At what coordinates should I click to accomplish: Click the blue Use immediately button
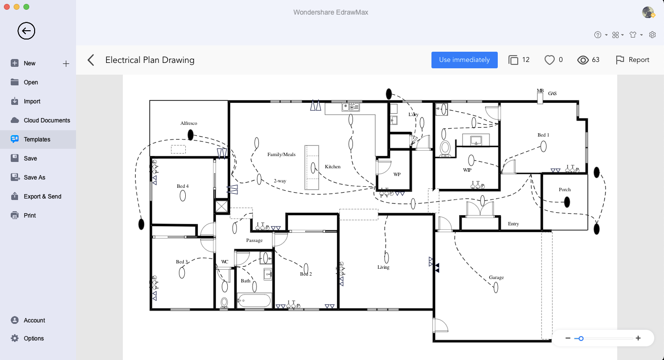[464, 60]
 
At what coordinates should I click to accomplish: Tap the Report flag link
[632, 60]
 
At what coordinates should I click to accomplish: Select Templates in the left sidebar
[37, 140]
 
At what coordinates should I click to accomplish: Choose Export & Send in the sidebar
[42, 196]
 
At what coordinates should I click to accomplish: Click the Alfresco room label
[189, 123]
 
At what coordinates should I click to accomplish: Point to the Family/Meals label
[281, 154]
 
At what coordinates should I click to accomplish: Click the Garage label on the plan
[496, 277]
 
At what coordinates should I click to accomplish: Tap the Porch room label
[565, 189]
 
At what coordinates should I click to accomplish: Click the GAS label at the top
[552, 93]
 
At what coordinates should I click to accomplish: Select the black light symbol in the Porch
[567, 202]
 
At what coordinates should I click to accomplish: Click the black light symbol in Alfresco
[191, 135]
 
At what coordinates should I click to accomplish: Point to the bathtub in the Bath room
[254, 300]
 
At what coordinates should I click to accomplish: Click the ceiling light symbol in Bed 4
[183, 196]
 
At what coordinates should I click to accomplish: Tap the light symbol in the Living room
[387, 258]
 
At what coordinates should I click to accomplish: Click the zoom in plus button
[638, 338]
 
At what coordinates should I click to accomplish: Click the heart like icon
[549, 60]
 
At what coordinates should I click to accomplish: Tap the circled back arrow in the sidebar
[26, 31]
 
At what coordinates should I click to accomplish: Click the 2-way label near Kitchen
[280, 180]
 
